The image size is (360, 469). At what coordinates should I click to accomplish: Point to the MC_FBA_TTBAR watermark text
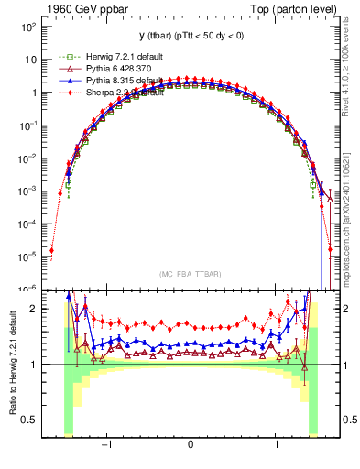point(190,274)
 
